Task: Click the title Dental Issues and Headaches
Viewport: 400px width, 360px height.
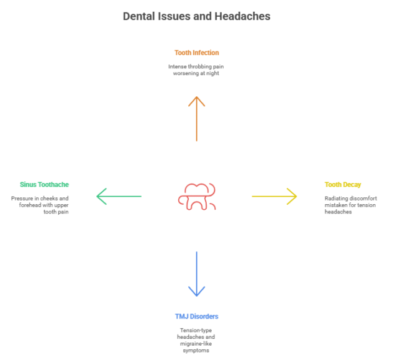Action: click(196, 17)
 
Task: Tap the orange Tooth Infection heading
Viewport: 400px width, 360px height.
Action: click(196, 53)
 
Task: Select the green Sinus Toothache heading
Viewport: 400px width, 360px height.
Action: click(40, 184)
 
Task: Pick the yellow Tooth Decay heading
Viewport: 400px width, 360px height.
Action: click(343, 184)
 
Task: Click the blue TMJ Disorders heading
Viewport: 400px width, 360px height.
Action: click(196, 317)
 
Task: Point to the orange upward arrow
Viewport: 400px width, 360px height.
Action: click(196, 118)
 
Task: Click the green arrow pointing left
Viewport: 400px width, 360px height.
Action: click(119, 197)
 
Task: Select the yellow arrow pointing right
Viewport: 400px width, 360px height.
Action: click(274, 197)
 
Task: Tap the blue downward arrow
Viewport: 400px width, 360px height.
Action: click(196, 273)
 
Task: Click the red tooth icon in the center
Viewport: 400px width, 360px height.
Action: click(196, 197)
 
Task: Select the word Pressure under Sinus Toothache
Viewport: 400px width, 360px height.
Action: click(22, 198)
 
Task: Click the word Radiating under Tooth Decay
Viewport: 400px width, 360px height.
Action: click(339, 198)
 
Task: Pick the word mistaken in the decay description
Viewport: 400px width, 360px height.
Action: click(337, 205)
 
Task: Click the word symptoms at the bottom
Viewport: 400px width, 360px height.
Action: click(196, 350)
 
